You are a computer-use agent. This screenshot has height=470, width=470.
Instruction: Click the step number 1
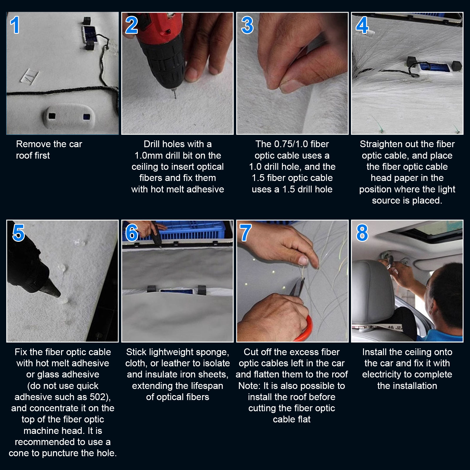coord(15,25)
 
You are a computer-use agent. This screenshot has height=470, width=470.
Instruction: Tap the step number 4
coord(362,25)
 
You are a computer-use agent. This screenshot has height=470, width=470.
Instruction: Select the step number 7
coord(246,233)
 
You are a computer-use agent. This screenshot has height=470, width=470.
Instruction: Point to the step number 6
coord(132,233)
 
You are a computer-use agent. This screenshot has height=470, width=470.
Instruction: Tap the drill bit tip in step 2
coord(176,98)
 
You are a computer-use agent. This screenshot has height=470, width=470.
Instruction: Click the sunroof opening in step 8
coord(432,231)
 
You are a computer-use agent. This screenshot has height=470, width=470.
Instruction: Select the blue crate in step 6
coord(191,231)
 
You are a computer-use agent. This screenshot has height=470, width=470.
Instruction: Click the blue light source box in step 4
coord(435,67)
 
